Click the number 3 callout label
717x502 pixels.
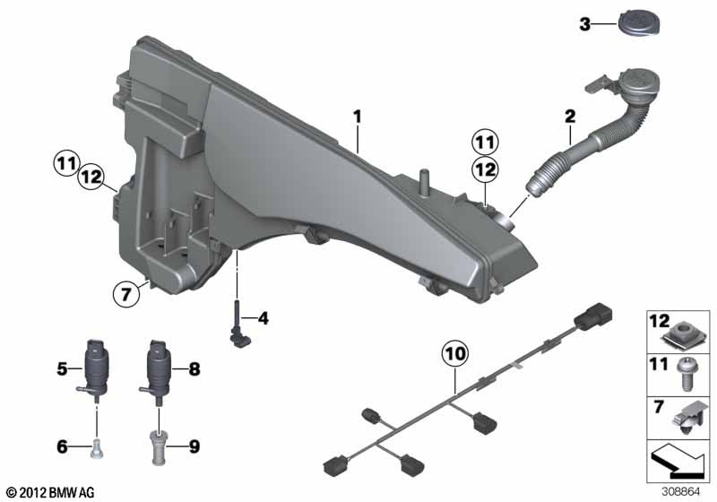click(x=585, y=24)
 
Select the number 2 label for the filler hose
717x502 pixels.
click(x=570, y=117)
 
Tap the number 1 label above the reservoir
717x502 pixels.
click(x=358, y=117)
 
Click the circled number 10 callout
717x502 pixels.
click(x=455, y=354)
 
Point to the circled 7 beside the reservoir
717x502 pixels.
click(x=125, y=293)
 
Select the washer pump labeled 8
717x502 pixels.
click(x=156, y=371)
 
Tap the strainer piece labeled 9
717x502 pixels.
click(x=159, y=447)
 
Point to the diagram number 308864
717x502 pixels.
click(x=680, y=492)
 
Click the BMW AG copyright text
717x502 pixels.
click(x=51, y=492)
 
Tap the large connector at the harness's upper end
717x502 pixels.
click(x=592, y=316)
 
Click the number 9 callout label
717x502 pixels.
click(x=194, y=446)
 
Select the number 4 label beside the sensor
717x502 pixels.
click(x=263, y=317)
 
